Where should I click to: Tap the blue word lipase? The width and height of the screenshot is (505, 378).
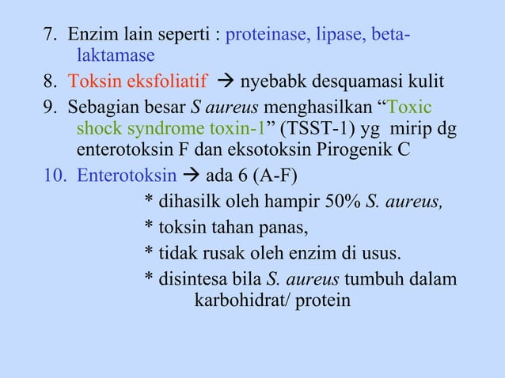(x=339, y=36)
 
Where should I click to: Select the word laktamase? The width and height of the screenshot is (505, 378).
(x=116, y=56)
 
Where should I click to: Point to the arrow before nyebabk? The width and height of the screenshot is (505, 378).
(x=226, y=82)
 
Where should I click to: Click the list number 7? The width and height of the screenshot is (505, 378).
(x=51, y=36)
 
